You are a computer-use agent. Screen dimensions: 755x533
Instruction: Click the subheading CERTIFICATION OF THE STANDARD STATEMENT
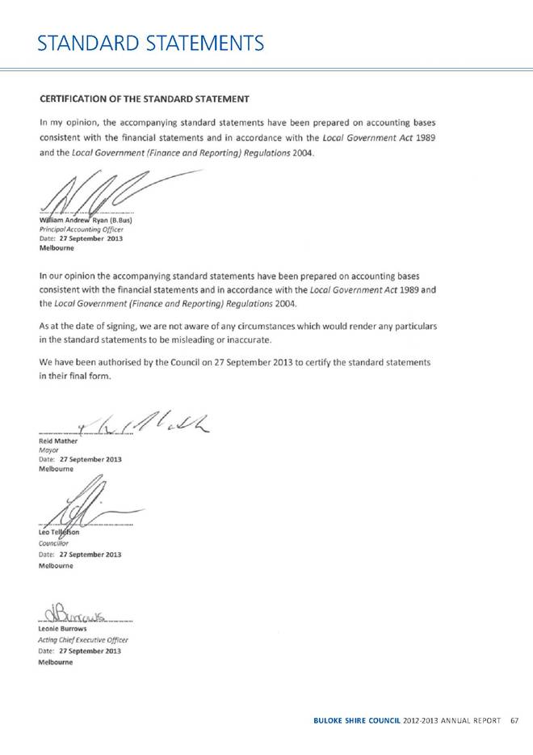(145, 99)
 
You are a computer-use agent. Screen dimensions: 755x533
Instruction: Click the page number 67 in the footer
(514, 720)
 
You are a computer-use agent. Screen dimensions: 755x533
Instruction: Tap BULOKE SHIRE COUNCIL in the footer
(356, 720)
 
